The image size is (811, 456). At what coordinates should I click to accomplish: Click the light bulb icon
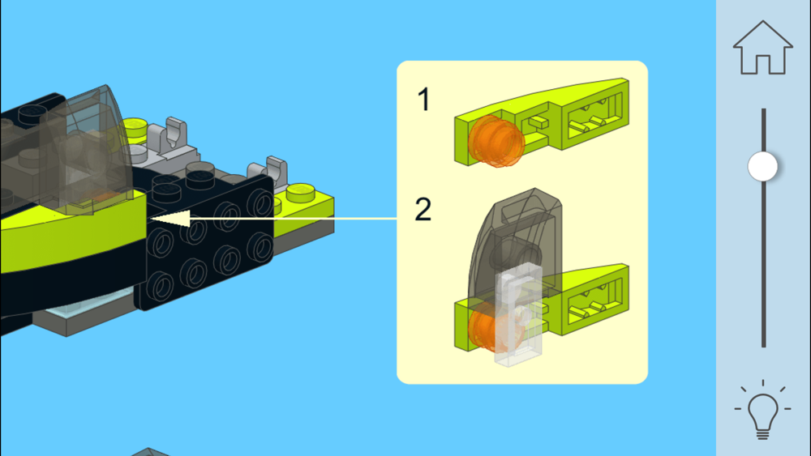762,410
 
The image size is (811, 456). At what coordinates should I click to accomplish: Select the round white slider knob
763,166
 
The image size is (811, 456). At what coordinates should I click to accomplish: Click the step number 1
424,99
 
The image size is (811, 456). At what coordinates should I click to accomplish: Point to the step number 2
423,209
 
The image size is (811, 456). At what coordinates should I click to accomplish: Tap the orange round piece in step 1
496,141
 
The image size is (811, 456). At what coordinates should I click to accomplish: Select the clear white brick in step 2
519,314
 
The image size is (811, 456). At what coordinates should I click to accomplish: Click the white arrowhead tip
150,219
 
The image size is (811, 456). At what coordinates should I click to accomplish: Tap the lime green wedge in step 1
542,121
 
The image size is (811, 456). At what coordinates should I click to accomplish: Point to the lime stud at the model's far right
301,193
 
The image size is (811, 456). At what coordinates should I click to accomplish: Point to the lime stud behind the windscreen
135,127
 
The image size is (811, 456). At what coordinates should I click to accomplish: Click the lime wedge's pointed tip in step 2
627,266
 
